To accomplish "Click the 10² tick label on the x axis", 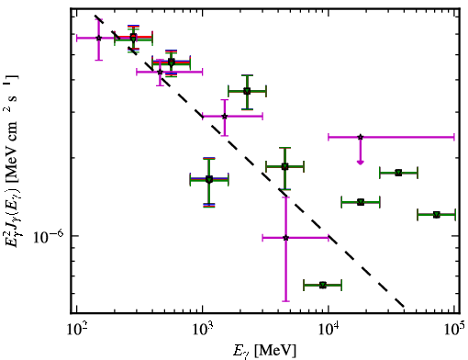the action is pos(76,329).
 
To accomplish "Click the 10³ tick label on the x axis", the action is pos(203,329).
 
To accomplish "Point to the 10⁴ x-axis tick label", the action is pos(329,329).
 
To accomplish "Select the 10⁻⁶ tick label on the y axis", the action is pos(49,237).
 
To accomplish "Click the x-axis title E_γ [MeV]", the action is pos(264,351).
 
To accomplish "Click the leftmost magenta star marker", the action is pos(98,38).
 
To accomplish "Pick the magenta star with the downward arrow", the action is pos(361,137).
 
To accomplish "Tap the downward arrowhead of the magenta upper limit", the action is pos(361,163).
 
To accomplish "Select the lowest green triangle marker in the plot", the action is pos(323,286).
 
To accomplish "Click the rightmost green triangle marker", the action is pos(437,215).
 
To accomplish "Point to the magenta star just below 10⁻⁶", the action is pos(285,238).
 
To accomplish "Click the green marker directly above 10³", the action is pos(209,179).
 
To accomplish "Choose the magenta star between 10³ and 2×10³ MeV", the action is pos(225,117).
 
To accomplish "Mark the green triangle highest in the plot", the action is pos(133,38).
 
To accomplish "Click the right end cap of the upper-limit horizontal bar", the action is pos(454,137).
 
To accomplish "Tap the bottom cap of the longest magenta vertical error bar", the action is pos(285,301).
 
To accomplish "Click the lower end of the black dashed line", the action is pos(404,306).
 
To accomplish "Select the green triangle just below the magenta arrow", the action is pos(398,173).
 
